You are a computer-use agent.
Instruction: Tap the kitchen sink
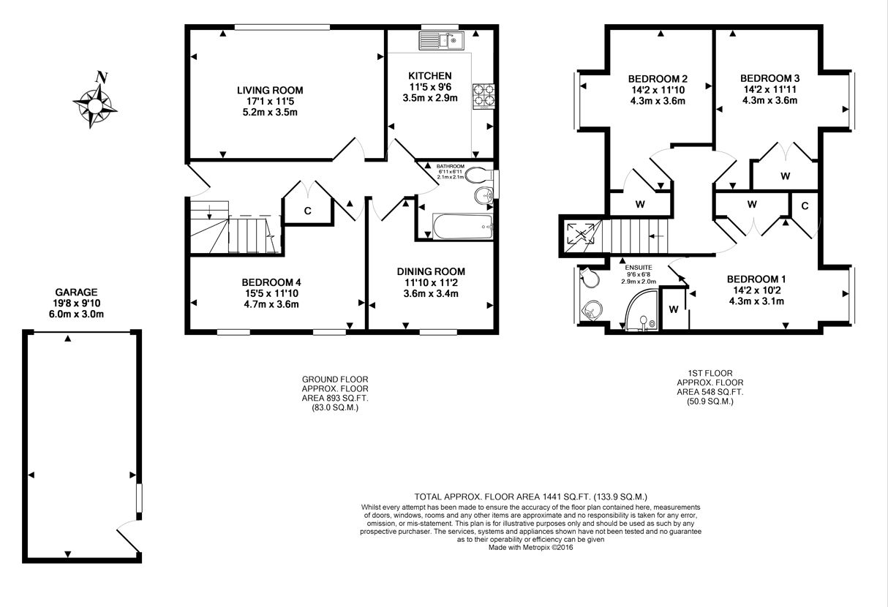click(x=441, y=41)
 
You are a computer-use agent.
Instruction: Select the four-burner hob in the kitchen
click(x=483, y=97)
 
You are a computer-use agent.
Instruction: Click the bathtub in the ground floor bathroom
click(x=462, y=227)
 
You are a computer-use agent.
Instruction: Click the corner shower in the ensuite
click(x=641, y=310)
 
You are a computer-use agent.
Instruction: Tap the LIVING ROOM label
click(x=270, y=91)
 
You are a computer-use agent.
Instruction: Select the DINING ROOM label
click(x=431, y=271)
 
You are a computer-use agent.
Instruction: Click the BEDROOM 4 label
click(x=271, y=282)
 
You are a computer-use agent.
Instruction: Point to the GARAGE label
click(x=76, y=293)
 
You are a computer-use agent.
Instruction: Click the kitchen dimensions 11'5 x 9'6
click(x=430, y=87)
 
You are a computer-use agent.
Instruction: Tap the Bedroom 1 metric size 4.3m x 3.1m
click(x=756, y=301)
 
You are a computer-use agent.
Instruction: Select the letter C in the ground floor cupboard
click(x=308, y=211)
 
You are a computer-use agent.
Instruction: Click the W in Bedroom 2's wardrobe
click(x=640, y=205)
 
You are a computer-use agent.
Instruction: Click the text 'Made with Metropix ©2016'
click(x=530, y=548)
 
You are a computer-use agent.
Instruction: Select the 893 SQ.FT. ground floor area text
click(x=347, y=398)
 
